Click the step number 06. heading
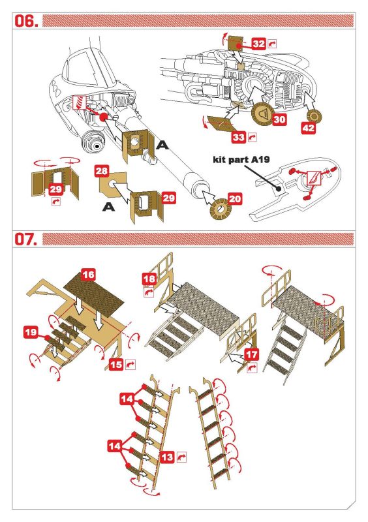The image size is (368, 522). [x=25, y=21]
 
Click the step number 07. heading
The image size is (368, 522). [x=25, y=239]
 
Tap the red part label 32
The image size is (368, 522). [x=258, y=44]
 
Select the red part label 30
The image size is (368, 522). [x=279, y=119]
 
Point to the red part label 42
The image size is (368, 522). [x=308, y=128]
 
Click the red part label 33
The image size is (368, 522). [x=238, y=136]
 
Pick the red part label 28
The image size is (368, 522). [x=102, y=171]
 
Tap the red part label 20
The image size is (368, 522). [x=235, y=199]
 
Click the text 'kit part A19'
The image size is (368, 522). [x=241, y=160]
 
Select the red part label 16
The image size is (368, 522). [x=88, y=275]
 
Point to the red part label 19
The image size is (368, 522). [x=31, y=332]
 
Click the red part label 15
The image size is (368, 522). [x=116, y=364]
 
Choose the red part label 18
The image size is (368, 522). [x=149, y=279]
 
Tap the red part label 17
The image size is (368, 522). [x=251, y=354]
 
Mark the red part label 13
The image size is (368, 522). [x=167, y=457]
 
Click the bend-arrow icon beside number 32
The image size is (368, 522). [x=272, y=44]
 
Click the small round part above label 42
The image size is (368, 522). [x=313, y=115]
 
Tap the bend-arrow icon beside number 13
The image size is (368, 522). [x=181, y=457]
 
